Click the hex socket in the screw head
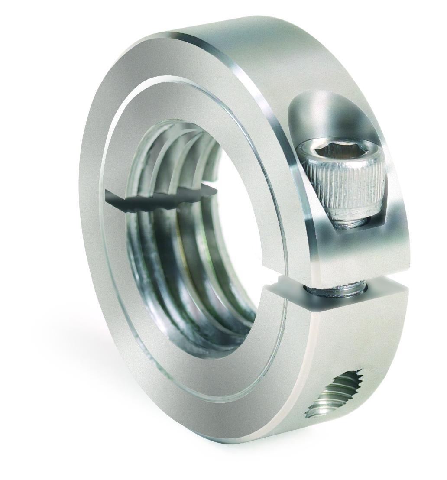pos(330,152)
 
